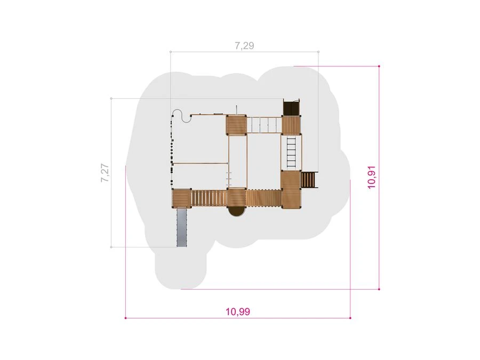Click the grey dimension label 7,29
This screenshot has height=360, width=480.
(x=244, y=46)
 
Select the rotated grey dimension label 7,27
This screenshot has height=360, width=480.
(x=105, y=173)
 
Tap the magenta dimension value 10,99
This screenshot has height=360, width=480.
(x=238, y=311)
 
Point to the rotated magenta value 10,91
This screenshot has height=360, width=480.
(x=372, y=177)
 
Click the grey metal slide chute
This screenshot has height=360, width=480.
(x=182, y=227)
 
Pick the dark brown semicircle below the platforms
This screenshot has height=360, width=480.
(x=237, y=212)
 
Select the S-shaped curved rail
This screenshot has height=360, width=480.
(x=182, y=116)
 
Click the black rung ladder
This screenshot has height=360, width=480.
(x=291, y=152)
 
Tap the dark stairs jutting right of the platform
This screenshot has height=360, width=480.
(x=309, y=180)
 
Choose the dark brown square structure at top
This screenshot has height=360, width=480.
(x=291, y=107)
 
